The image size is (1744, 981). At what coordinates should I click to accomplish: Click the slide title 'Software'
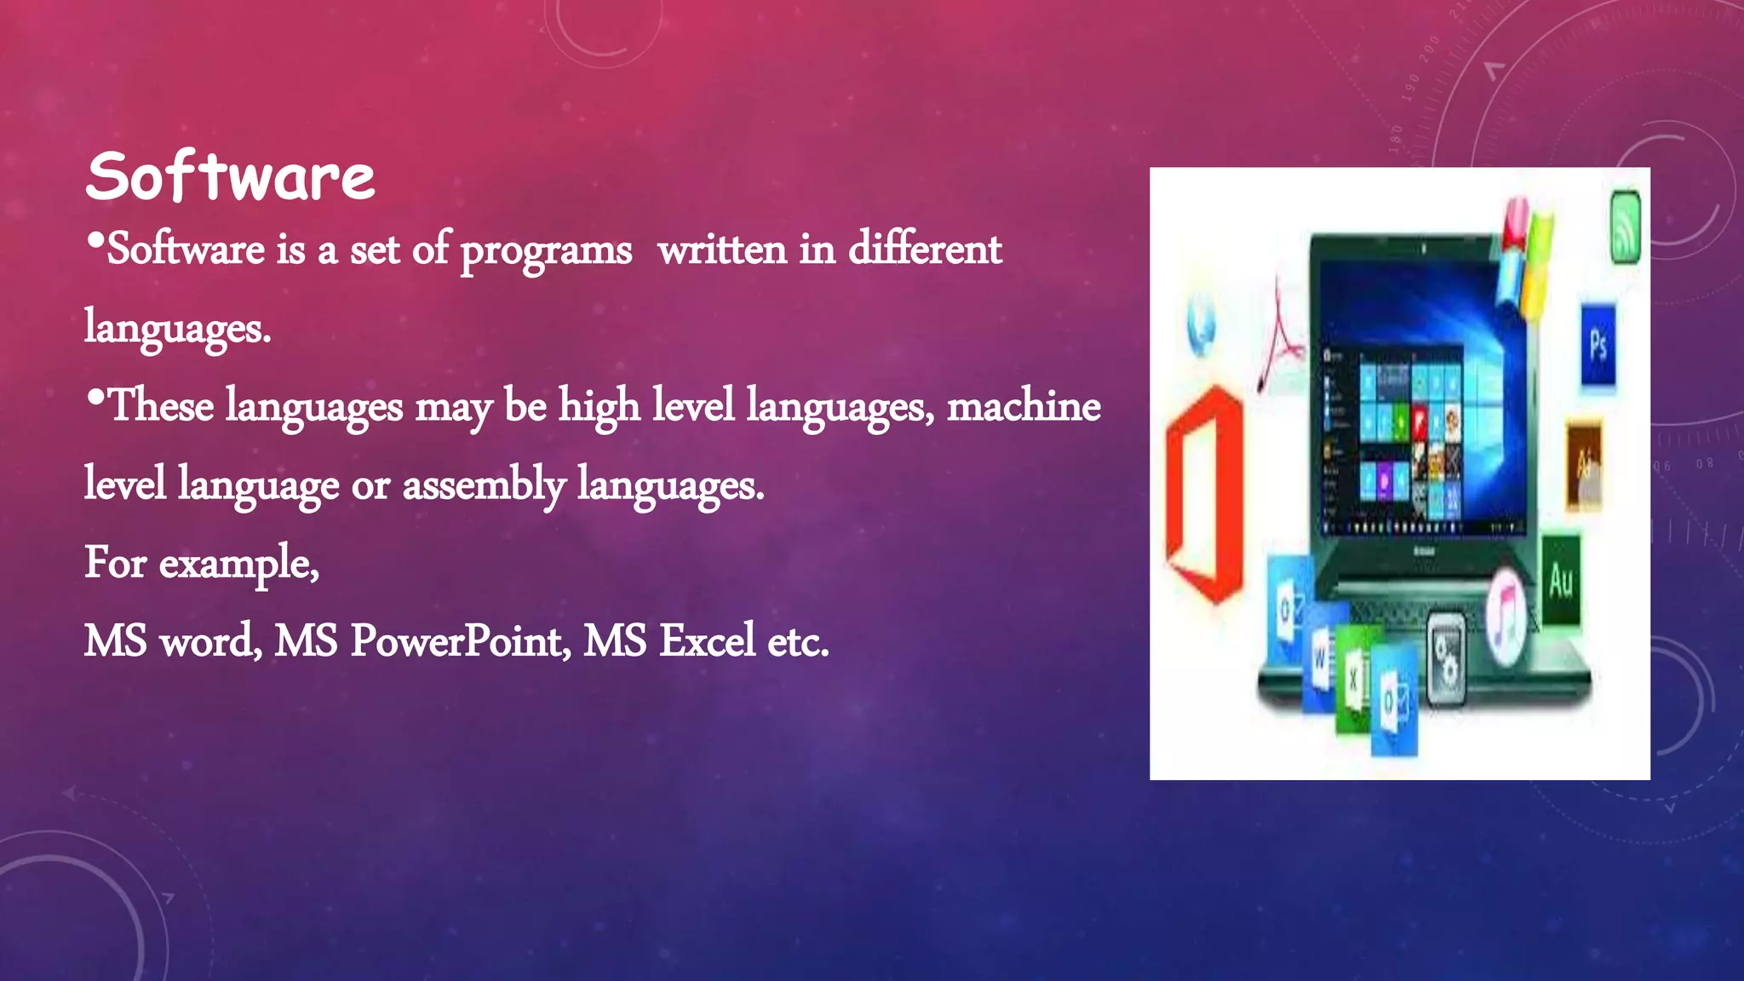click(230, 177)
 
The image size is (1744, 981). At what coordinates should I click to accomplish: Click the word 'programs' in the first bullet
click(546, 251)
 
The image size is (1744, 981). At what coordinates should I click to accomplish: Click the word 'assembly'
click(483, 485)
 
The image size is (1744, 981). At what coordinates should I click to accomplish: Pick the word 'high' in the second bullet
click(599, 406)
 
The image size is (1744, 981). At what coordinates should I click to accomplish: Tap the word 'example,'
click(239, 564)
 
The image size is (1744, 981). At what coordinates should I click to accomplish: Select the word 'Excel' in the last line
click(707, 640)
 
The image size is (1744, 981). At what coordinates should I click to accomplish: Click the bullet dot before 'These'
click(95, 397)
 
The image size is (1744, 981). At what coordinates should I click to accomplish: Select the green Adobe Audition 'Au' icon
click(1561, 580)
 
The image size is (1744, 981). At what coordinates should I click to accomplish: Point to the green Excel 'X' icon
click(1353, 679)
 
